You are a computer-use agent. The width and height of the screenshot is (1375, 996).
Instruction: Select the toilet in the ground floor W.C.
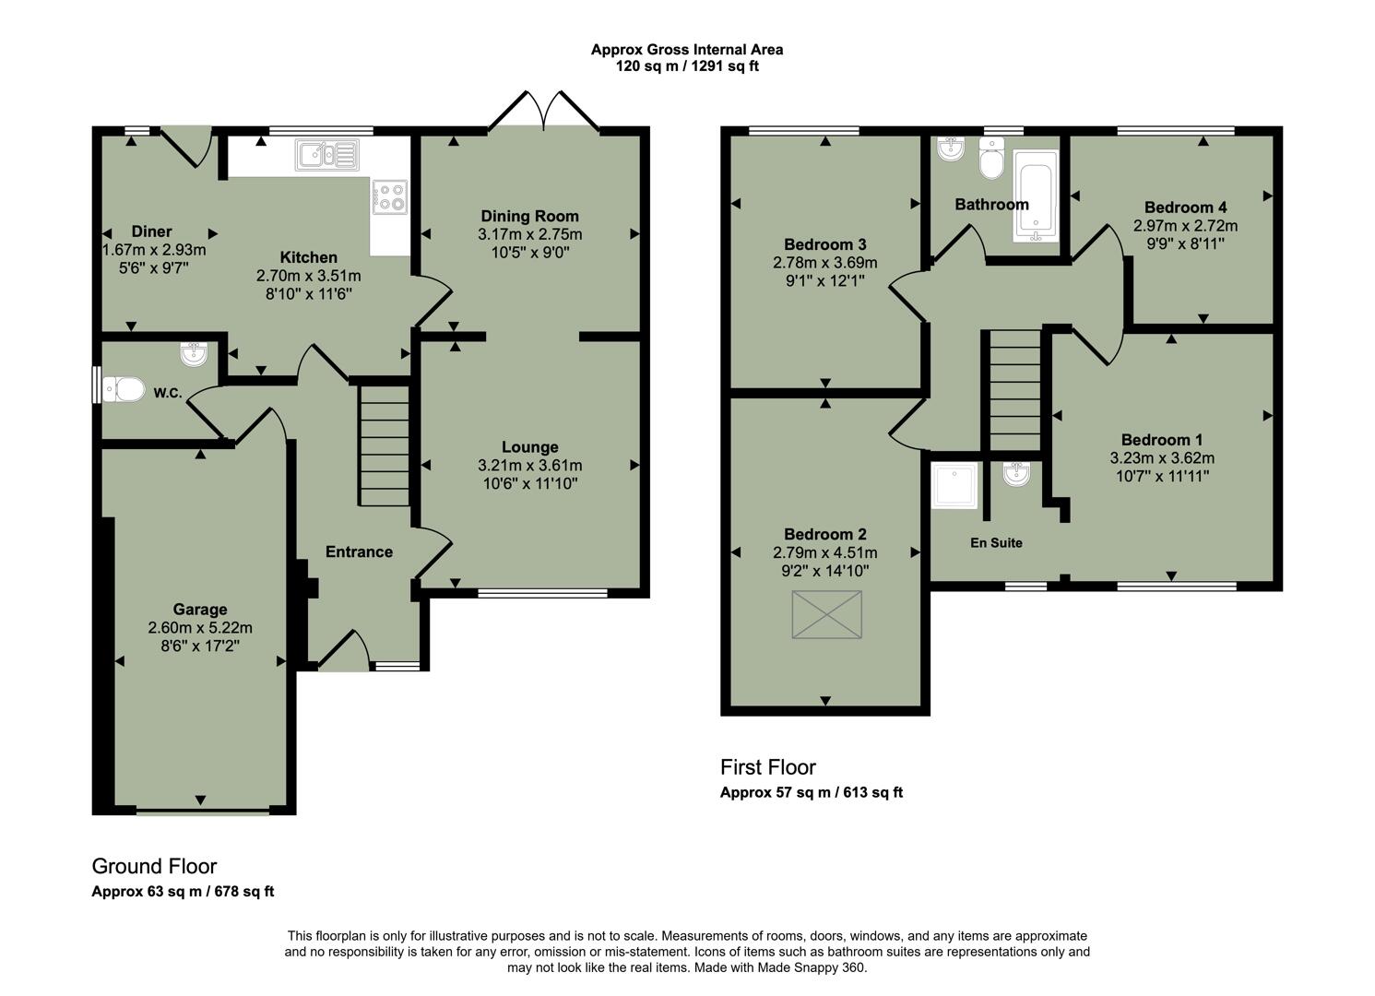tap(124, 390)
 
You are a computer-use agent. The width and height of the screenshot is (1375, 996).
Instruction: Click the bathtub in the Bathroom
tap(1037, 196)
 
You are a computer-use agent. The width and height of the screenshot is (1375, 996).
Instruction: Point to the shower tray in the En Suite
tap(954, 486)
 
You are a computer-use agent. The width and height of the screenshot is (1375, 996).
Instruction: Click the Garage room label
tap(200, 610)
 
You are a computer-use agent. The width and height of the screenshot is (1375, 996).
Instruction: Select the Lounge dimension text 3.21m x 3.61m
tap(529, 466)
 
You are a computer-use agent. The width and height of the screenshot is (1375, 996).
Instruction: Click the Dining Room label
tap(529, 217)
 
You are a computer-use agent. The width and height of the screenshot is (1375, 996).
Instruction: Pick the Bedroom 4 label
tap(1185, 207)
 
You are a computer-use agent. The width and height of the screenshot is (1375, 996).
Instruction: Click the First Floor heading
tap(767, 767)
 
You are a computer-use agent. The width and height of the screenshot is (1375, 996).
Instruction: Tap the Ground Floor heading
tap(154, 867)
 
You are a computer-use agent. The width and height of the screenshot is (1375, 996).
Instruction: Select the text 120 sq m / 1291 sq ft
tap(687, 66)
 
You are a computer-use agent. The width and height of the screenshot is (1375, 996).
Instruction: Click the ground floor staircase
tap(384, 445)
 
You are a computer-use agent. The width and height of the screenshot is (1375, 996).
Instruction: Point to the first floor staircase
tap(1014, 391)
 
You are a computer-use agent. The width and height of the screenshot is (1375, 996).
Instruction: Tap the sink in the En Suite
tap(1016, 475)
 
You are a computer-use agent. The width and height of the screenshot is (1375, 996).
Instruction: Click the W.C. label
tap(167, 394)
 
